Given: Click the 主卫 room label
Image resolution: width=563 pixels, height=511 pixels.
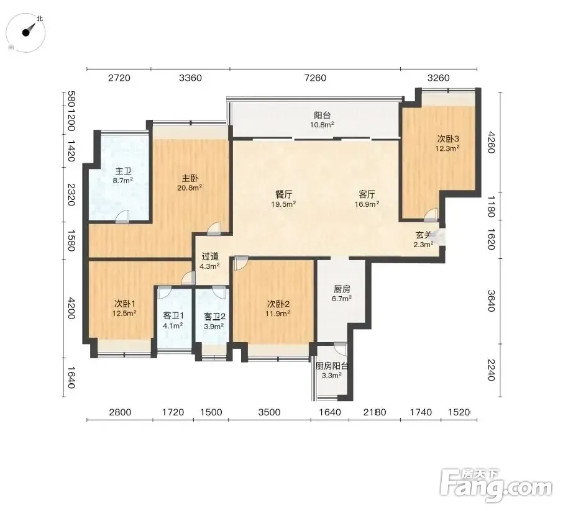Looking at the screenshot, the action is [123, 171].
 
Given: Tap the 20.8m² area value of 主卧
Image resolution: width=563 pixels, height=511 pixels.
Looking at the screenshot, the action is [190, 188].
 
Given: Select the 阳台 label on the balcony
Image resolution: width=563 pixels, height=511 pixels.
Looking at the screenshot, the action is [322, 115].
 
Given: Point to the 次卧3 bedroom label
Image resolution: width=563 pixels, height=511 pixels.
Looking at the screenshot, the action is [448, 139].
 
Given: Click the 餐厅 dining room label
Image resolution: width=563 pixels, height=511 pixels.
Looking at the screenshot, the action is [283, 194].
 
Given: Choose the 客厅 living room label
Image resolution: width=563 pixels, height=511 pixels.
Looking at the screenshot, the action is [367, 194].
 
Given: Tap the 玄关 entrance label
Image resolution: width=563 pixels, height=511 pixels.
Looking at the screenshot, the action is [424, 235].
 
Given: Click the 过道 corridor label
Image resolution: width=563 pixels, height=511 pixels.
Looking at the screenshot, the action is [210, 256].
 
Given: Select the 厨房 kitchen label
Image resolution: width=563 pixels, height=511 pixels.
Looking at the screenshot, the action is [342, 289].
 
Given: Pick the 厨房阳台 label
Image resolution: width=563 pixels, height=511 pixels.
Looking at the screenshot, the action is [331, 366].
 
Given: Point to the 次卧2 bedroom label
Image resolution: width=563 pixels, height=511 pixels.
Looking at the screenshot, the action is [278, 304].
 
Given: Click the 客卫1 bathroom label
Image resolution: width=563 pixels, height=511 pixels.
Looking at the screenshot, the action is [173, 316].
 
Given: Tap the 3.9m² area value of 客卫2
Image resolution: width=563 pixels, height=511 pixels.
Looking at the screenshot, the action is [214, 326].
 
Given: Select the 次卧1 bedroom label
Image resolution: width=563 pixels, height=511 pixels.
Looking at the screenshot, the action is [124, 304].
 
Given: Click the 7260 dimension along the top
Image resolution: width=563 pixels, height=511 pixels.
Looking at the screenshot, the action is [315, 78].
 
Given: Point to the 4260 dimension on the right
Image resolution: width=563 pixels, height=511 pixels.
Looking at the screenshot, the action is [491, 142].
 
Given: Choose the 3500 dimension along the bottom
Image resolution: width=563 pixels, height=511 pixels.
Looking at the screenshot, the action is [269, 412].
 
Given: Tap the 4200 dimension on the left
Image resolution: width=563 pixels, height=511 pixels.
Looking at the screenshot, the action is [71, 308].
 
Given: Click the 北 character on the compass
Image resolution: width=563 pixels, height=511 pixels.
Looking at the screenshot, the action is [40, 18].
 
